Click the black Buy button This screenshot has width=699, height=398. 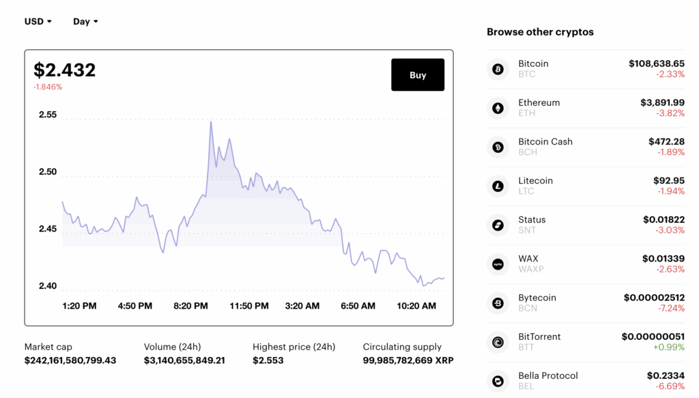417,75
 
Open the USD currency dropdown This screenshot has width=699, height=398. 38,21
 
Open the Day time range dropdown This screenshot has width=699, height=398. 85,21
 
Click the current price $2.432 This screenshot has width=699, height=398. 65,70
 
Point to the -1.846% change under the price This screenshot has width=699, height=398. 48,87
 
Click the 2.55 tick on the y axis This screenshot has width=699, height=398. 48,115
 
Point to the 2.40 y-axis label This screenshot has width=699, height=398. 48,285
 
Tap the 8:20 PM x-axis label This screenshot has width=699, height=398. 190,306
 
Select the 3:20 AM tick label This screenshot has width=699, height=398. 302,306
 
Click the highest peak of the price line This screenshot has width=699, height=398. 210,122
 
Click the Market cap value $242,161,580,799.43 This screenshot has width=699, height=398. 70,360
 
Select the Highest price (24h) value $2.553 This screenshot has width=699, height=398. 268,360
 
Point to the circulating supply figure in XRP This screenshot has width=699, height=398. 408,360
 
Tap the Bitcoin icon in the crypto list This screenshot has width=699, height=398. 498,69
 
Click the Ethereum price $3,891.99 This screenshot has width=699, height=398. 662,102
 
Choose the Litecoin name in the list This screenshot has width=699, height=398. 535,180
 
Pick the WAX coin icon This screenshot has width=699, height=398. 498,264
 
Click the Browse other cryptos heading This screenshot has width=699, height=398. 540,32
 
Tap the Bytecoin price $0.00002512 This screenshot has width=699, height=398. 654,298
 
